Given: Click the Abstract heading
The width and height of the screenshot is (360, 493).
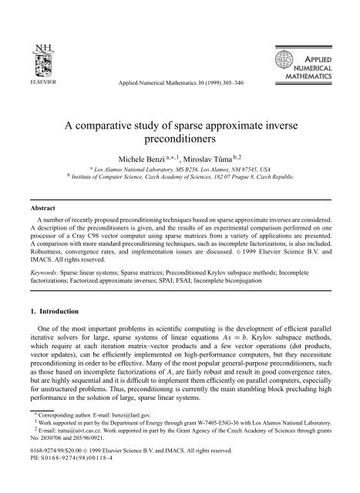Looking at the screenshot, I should (x=34, y=196).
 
